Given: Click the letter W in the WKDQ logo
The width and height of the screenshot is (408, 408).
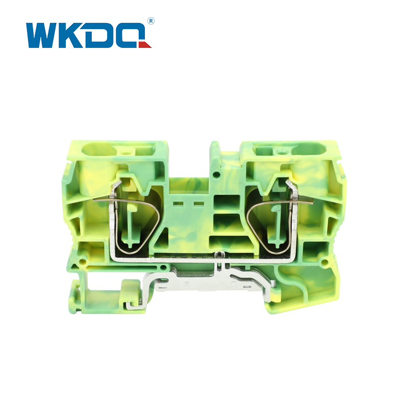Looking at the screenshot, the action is click(43, 35).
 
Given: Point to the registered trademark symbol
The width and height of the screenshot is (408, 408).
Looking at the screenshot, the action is click(150, 21).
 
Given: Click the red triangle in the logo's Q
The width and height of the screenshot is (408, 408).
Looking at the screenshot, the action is click(146, 45).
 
